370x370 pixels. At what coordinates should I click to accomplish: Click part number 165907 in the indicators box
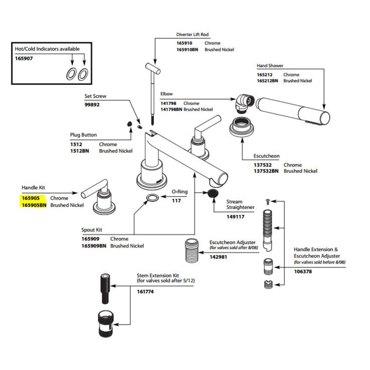[24, 58]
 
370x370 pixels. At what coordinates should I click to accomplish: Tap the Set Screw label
[95, 96]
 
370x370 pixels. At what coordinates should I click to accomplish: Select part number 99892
[92, 104]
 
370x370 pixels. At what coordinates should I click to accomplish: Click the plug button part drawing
[129, 124]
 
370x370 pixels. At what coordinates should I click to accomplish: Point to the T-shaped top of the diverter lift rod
[153, 68]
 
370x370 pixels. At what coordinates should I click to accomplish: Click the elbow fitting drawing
[245, 103]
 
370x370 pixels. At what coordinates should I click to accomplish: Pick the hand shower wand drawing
[293, 111]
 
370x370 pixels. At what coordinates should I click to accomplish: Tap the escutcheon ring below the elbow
[242, 127]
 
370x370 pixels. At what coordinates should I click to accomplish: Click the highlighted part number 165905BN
[34, 205]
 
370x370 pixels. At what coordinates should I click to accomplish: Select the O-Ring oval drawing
[153, 198]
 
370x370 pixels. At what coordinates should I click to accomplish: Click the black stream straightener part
[213, 193]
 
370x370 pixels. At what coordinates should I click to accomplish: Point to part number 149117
[236, 217]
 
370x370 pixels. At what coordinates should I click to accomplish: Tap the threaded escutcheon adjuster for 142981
[192, 250]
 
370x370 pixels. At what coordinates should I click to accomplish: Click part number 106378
[303, 272]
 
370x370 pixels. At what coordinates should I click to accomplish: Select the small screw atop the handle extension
[268, 202]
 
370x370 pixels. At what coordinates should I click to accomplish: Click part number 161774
[146, 291]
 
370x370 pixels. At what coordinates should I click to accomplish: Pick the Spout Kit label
[92, 230]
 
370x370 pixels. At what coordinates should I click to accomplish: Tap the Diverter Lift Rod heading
[192, 35]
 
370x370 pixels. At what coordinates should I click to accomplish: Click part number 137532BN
[266, 171]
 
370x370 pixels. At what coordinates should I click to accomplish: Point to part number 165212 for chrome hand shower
[265, 74]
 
